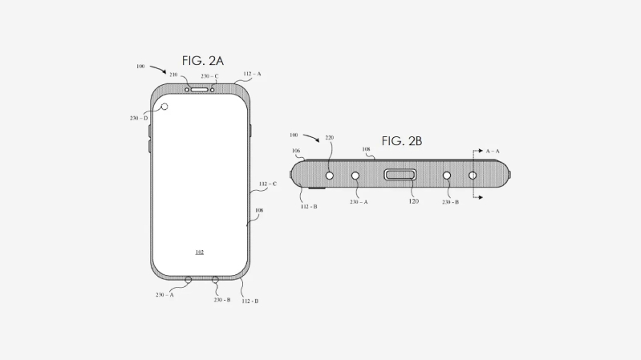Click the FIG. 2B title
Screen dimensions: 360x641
(x=401, y=141)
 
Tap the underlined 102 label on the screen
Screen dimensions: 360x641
(x=199, y=252)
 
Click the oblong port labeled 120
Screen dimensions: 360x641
(x=400, y=175)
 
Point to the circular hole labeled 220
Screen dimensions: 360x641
(x=329, y=175)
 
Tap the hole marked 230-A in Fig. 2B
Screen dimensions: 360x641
(x=355, y=175)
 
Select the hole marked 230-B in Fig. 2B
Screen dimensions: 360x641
(x=447, y=175)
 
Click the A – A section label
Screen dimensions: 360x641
(x=493, y=150)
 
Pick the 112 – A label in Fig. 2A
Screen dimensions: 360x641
(x=252, y=74)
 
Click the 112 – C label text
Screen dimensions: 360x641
(x=268, y=184)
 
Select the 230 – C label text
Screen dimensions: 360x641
(x=209, y=76)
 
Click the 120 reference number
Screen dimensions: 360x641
(x=414, y=202)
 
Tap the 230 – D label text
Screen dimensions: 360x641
(x=137, y=118)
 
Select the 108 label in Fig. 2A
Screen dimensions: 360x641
(x=258, y=212)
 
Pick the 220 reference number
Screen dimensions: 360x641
(x=329, y=137)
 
